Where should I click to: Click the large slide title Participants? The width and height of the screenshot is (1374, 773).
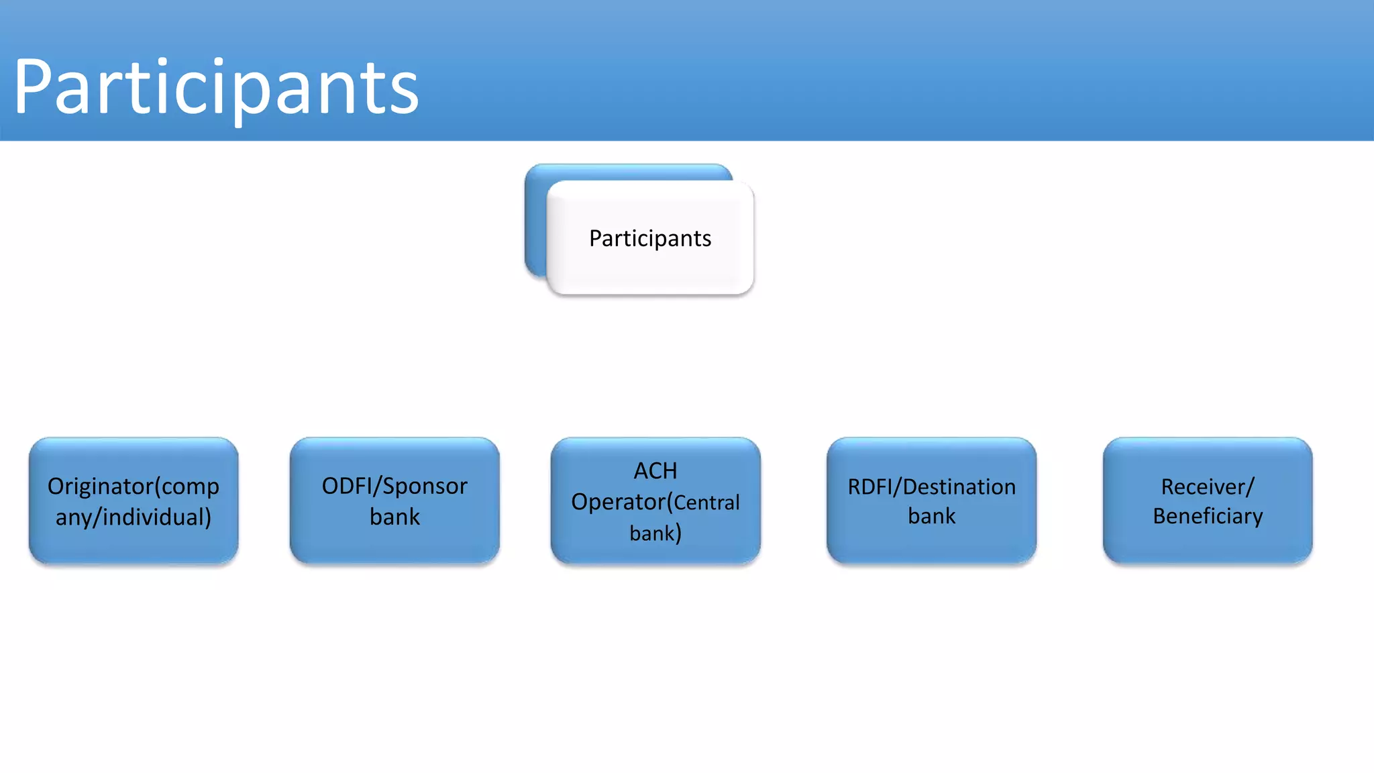pos(216,87)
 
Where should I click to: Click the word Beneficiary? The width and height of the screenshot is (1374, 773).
pos(1208,516)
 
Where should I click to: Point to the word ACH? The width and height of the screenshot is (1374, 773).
pos(655,471)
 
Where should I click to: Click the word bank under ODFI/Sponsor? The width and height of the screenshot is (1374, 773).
pos(394,517)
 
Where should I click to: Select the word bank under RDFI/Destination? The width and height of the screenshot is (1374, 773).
pos(931,516)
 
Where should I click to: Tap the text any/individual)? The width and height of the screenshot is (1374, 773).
pos(134,517)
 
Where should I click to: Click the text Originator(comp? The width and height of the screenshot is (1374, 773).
pos(134,486)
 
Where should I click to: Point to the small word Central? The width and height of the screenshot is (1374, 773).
pos(706,503)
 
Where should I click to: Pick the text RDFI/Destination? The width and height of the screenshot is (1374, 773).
pos(931,486)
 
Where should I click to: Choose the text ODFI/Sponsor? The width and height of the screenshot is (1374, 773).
pos(394,486)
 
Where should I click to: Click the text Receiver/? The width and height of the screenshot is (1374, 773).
pos(1208,486)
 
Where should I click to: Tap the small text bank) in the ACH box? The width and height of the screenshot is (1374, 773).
pos(655,533)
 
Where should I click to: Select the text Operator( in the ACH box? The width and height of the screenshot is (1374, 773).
pos(621,502)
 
